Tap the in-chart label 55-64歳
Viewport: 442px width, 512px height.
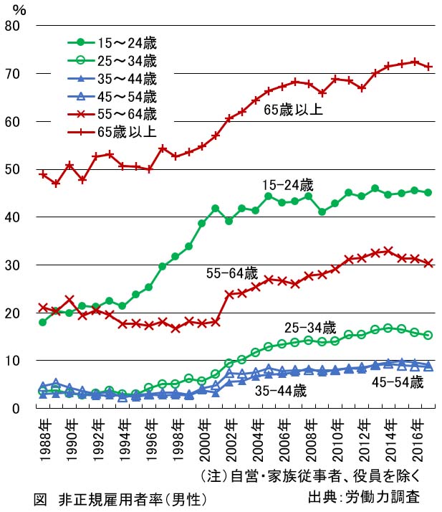coord(231,273)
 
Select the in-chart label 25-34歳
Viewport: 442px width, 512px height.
coord(309,327)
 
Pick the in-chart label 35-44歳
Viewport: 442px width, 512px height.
coord(281,391)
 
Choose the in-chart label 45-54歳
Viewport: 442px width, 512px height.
coord(398,381)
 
